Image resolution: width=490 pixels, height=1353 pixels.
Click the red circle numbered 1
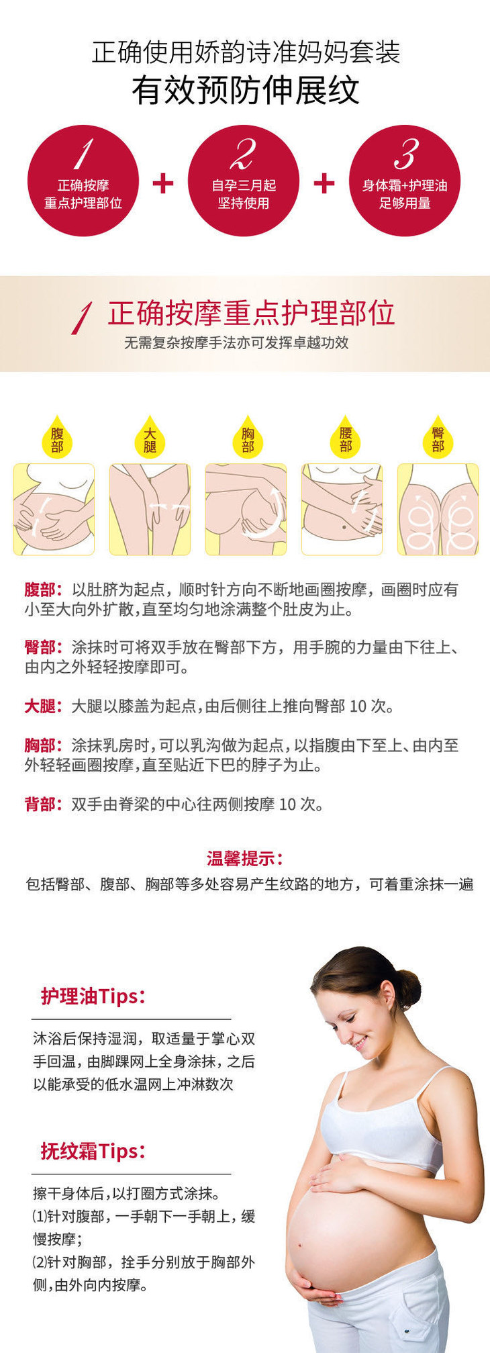[x=83, y=181]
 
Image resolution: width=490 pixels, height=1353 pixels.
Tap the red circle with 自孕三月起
[x=244, y=181]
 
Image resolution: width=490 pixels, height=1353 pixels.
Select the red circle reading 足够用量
[x=405, y=181]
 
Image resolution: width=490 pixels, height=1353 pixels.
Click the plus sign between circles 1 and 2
[x=163, y=183]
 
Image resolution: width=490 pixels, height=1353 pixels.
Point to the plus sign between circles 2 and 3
[x=324, y=183]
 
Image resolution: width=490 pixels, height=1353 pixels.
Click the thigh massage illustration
[x=150, y=510]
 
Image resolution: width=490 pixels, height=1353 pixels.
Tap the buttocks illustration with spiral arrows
[x=438, y=510]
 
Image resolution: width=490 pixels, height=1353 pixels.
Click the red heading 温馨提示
[x=245, y=858]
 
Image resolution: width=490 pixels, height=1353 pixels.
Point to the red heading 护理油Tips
[x=93, y=996]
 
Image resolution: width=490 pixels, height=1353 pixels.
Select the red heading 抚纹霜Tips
[x=93, y=1151]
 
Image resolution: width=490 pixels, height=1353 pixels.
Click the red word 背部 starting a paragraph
[x=40, y=804]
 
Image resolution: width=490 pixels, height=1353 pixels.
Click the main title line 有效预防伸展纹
[x=246, y=91]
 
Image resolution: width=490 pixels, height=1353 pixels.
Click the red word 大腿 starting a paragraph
[x=40, y=706]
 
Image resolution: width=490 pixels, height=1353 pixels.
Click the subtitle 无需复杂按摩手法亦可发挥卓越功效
[x=236, y=342]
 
